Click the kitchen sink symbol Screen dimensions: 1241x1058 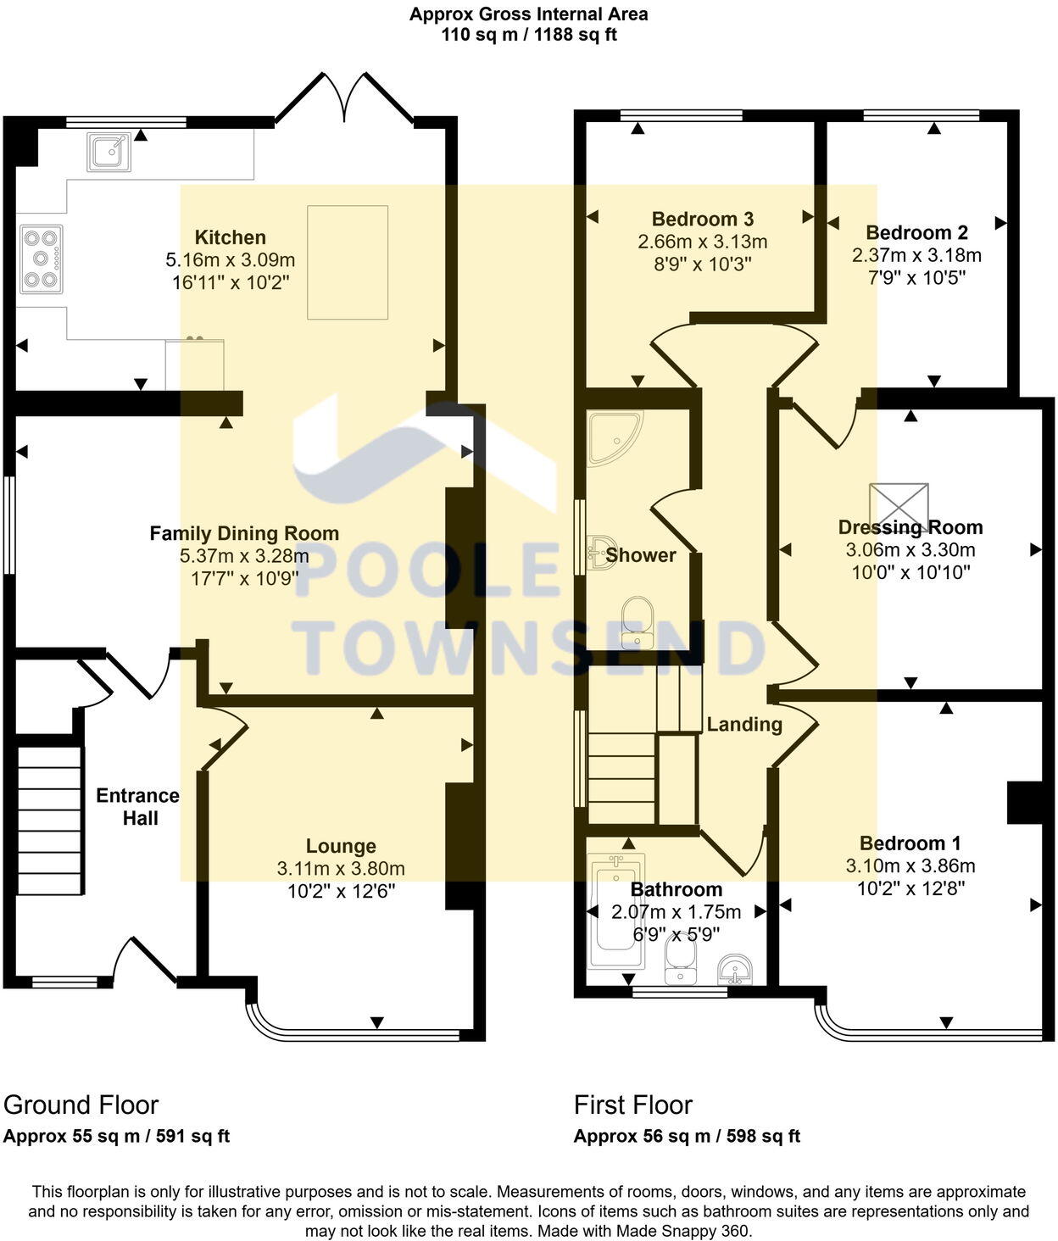coord(109,152)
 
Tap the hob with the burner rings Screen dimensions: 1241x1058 coord(41,259)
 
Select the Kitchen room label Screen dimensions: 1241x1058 coord(231,237)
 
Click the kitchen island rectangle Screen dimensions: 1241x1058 coord(348,262)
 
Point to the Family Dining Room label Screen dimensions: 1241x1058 coord(244,533)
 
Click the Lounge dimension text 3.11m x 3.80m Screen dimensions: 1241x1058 coord(341,868)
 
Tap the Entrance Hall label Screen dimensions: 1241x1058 coord(138,807)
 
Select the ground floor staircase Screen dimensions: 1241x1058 coord(51,819)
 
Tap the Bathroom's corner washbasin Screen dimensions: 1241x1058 coord(735,967)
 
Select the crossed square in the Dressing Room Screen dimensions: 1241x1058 coord(899,507)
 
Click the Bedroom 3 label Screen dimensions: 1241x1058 coord(703,220)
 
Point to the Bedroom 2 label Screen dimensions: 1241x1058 coord(916,232)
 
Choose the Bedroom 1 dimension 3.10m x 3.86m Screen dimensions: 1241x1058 coord(910,865)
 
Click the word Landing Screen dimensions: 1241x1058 coord(744,724)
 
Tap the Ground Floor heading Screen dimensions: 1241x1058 coord(81,1105)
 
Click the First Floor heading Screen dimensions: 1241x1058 coord(633,1105)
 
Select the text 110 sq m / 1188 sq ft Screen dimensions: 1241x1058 coord(529,35)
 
